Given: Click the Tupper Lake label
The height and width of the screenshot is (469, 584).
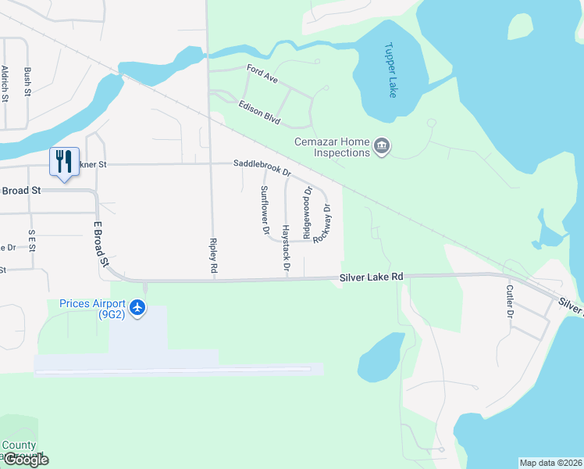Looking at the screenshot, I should click(x=390, y=70).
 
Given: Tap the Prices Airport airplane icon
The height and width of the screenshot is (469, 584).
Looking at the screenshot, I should click(x=138, y=307).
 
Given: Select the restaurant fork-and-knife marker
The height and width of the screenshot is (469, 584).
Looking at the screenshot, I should click(x=64, y=162).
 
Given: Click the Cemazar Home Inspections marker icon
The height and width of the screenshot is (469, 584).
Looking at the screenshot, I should click(x=382, y=146).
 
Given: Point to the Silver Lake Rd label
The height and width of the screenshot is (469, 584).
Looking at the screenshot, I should click(x=371, y=277).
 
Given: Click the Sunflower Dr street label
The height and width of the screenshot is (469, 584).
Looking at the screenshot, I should click(x=265, y=210).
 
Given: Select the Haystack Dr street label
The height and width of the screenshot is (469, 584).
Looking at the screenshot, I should click(x=286, y=247).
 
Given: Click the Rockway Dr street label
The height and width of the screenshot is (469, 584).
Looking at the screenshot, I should click(x=322, y=224).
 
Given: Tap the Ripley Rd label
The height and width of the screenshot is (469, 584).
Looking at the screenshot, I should click(x=213, y=255).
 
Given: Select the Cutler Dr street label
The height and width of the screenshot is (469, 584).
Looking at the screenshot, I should click(x=509, y=301).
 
